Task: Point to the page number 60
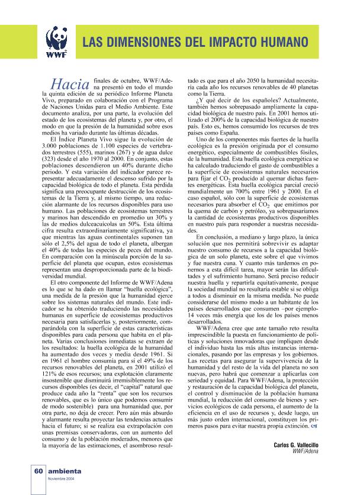tap(36, 471)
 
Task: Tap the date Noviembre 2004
tap(61, 478)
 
